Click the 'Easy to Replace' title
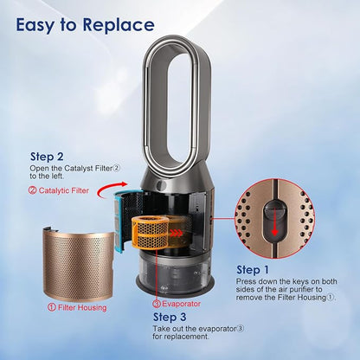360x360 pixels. [85, 25]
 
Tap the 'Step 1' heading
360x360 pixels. [253, 270]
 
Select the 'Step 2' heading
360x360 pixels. [47, 157]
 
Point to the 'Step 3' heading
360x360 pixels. [170, 317]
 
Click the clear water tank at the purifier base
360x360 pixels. [175, 270]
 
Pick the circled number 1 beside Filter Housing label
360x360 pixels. [52, 307]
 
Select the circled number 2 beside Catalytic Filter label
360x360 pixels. [33, 190]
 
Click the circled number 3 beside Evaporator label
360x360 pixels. [157, 304]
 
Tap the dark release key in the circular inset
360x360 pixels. [274, 220]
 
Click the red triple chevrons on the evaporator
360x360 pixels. [176, 233]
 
